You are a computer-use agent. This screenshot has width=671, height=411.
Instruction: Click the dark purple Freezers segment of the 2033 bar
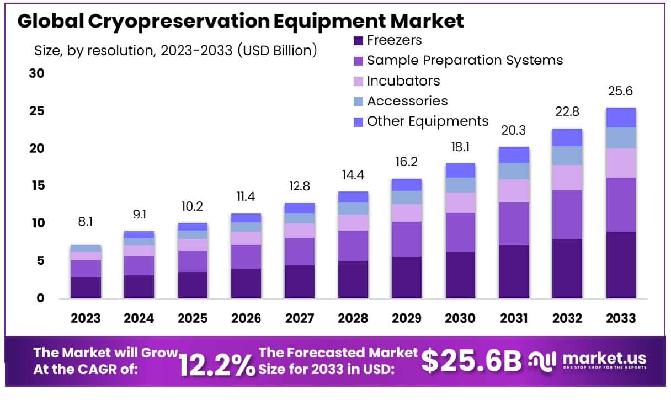tap(621, 265)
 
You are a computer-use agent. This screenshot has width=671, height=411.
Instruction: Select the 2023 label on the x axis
tap(86, 319)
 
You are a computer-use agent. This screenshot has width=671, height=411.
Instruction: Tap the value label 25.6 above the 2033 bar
tap(621, 91)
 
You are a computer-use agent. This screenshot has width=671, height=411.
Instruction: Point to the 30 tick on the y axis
tap(36, 73)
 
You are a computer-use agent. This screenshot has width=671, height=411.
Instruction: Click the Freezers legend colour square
tap(358, 40)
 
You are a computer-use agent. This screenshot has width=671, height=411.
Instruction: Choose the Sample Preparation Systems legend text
tap(465, 60)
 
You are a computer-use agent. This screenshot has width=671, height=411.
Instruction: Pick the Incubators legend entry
tap(403, 81)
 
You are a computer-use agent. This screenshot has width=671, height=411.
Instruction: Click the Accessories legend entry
tap(407, 101)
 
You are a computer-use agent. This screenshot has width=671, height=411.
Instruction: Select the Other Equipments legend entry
tap(428, 121)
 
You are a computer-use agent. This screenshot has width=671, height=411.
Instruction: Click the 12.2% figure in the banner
tap(217, 366)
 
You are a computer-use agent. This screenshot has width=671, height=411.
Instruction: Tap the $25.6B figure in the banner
tap(472, 361)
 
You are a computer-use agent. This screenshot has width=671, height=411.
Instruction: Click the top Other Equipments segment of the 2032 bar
tap(567, 137)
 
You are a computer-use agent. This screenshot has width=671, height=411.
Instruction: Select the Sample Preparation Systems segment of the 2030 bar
tap(460, 232)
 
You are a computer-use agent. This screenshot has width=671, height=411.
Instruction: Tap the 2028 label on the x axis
tap(353, 319)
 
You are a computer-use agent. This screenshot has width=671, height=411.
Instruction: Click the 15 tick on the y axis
tap(36, 186)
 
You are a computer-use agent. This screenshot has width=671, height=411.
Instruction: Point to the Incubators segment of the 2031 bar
tap(514, 191)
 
